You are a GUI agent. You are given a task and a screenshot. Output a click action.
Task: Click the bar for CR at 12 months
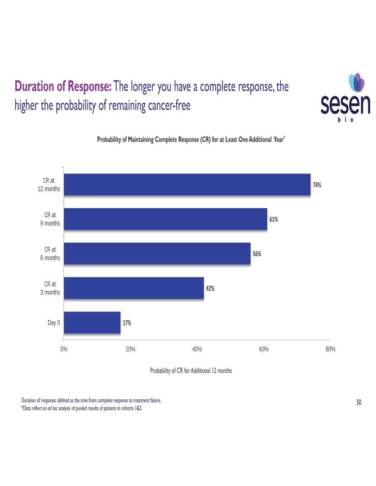pyautogui.click(x=187, y=185)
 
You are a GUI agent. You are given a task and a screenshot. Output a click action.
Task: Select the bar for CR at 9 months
pyautogui.click(x=165, y=219)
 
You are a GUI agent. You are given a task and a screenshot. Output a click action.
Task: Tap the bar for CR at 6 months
pyautogui.click(x=157, y=254)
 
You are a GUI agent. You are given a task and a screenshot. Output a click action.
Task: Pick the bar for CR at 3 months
pyautogui.click(x=134, y=288)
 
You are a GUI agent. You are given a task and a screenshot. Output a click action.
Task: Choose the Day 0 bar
pyautogui.click(x=92, y=323)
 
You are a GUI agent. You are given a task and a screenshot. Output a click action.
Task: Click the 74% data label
pyautogui.click(x=317, y=185)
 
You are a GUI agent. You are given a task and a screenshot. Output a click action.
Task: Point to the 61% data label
pyautogui.click(x=273, y=219)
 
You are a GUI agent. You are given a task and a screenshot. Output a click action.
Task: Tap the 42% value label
pyautogui.click(x=210, y=288)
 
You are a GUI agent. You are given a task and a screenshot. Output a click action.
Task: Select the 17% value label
pyautogui.click(x=127, y=323)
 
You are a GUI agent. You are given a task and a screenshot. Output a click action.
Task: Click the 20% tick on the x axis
pyautogui.click(x=130, y=349)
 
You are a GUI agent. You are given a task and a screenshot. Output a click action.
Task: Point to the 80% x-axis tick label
pyautogui.click(x=330, y=349)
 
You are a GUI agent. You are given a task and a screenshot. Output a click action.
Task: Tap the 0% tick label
pyautogui.click(x=64, y=349)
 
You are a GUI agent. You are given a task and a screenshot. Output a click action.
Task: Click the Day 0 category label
pyautogui.click(x=54, y=323)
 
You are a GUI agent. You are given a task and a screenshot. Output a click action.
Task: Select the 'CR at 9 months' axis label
pyautogui.click(x=50, y=219)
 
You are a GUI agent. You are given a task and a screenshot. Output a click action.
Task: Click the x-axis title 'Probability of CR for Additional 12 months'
pyautogui.click(x=191, y=371)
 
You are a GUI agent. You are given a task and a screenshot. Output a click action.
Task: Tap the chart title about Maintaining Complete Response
pyautogui.click(x=191, y=140)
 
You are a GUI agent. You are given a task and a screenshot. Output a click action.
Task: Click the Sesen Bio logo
pyautogui.click(x=345, y=98)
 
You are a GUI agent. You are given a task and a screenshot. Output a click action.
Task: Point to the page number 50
pyautogui.click(x=359, y=402)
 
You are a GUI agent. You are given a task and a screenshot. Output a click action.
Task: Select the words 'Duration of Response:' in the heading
pyautogui.click(x=63, y=87)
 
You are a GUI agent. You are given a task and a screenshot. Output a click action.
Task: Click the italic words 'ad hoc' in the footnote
pyautogui.click(x=52, y=408)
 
